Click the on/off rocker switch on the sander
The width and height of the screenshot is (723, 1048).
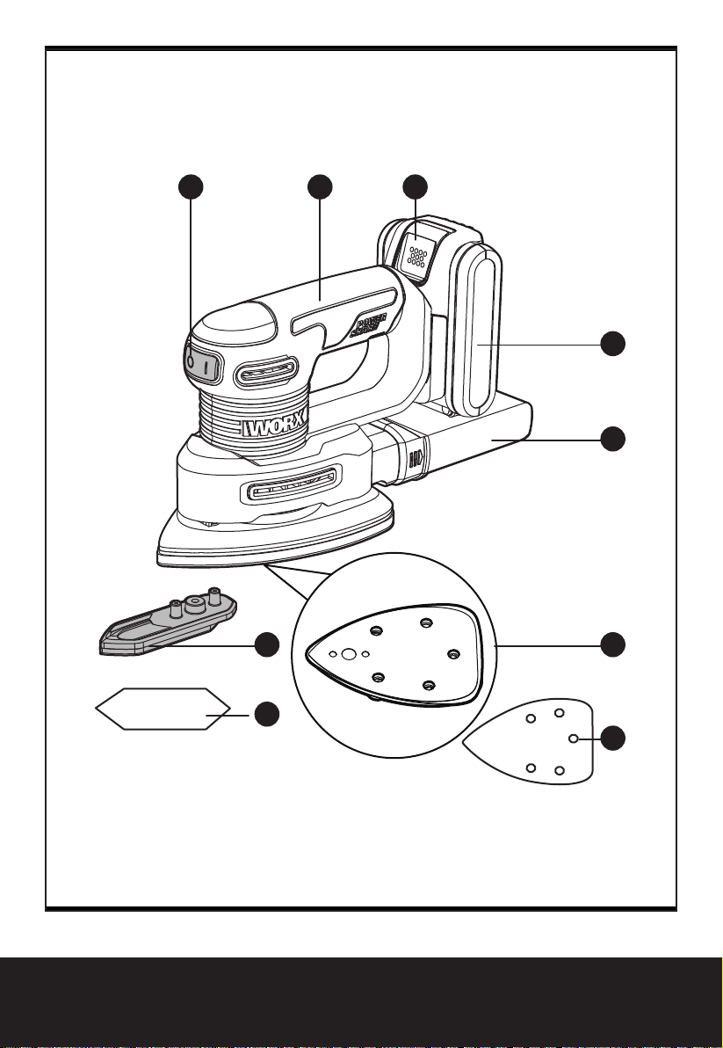(199, 363)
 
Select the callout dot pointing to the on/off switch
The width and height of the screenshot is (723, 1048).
(192, 187)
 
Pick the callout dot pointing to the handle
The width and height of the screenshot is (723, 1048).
(320, 187)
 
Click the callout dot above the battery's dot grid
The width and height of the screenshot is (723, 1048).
(415, 187)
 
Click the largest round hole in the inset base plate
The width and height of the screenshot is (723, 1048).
(349, 654)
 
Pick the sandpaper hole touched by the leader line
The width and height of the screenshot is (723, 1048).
(574, 739)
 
